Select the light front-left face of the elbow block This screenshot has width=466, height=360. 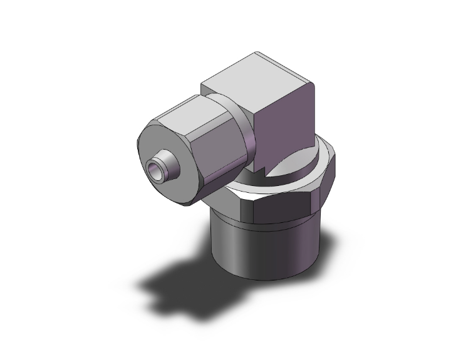coord(238,100)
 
